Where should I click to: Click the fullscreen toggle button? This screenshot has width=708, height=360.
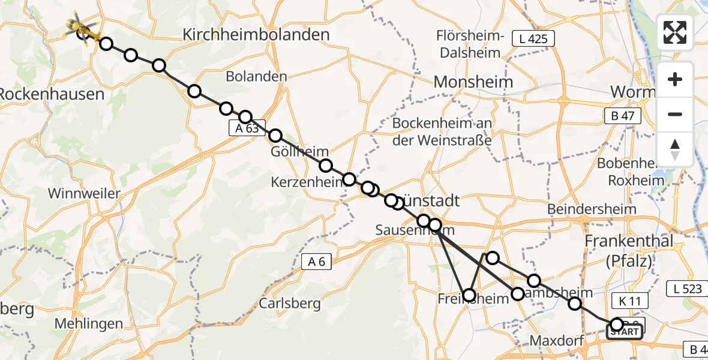[675, 32]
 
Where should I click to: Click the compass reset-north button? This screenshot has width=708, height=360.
[675, 149]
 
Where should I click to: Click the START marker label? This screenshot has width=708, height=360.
[625, 332]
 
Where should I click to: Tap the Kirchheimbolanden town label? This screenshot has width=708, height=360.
[256, 35]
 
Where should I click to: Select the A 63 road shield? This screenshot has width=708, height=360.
[247, 128]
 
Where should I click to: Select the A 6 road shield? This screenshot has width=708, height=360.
[316, 261]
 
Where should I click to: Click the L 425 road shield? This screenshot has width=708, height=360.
[533, 39]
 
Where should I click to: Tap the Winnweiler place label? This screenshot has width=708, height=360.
[84, 194]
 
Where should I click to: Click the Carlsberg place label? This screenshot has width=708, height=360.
[290, 303]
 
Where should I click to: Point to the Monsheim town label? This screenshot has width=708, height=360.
[473, 82]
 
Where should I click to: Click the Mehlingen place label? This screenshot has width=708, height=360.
[89, 323]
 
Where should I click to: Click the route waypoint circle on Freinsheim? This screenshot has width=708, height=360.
[469, 295]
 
